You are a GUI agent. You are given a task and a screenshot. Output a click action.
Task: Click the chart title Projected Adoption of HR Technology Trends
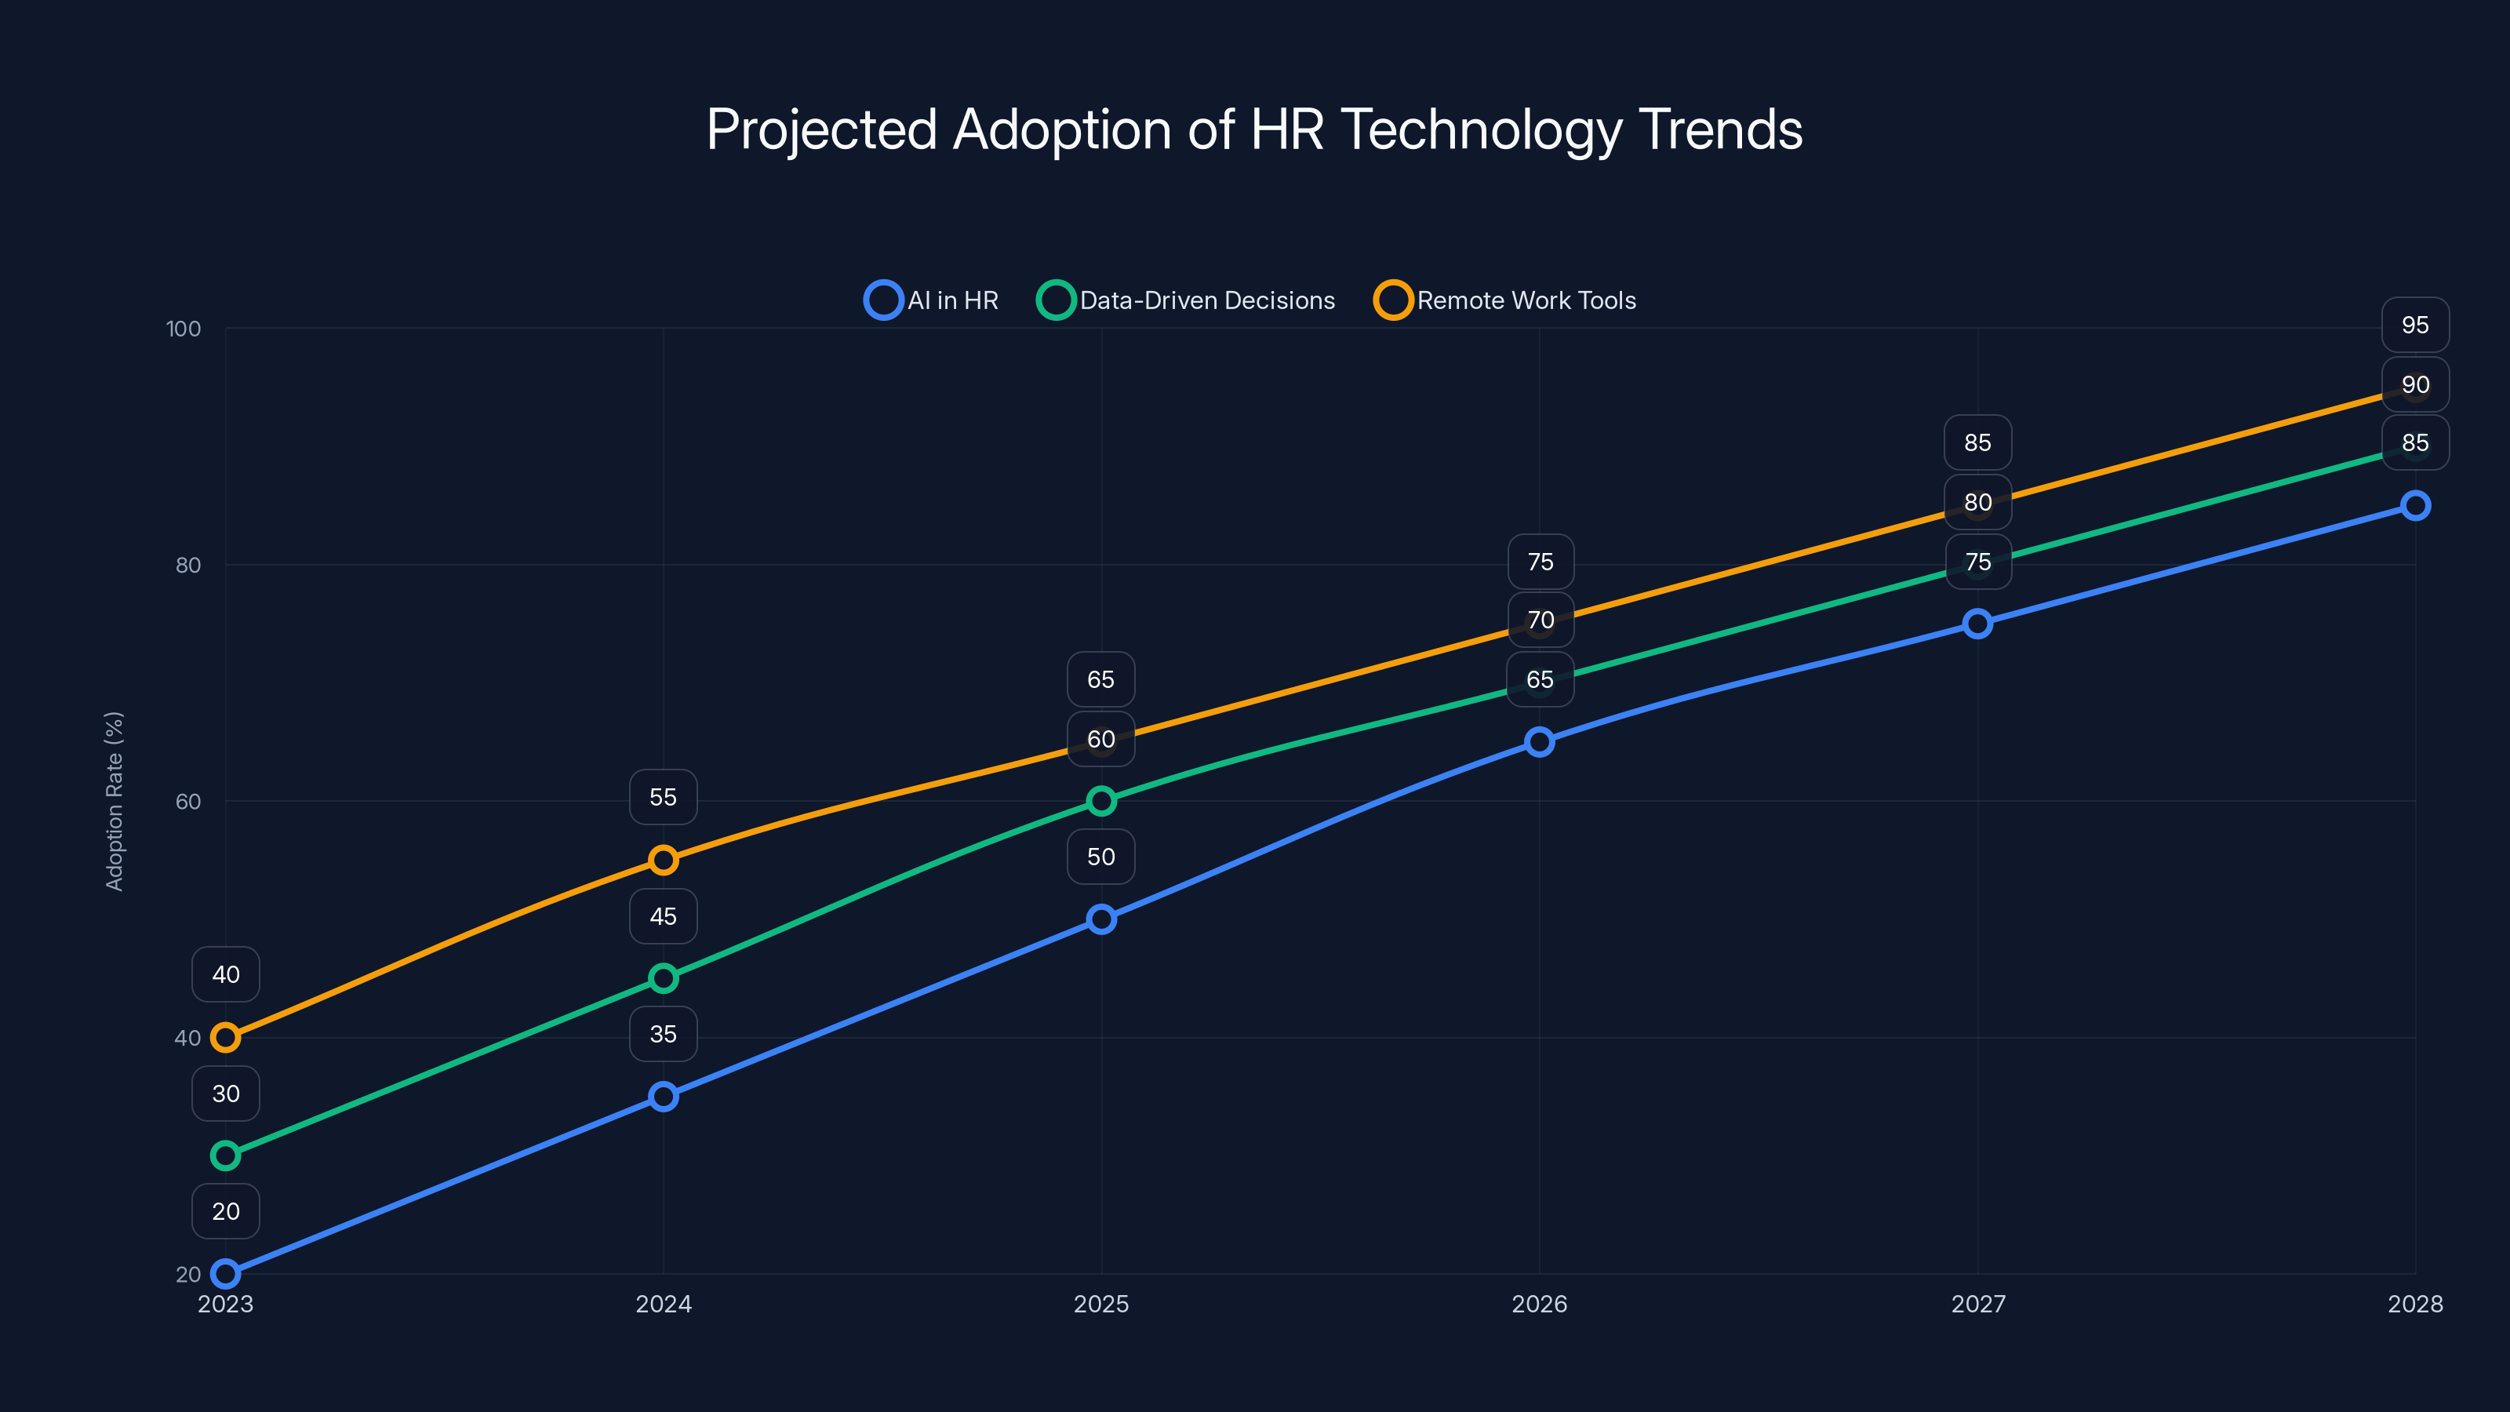pyautogui.click(x=1254, y=129)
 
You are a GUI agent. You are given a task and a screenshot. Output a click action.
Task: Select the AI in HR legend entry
pyautogui.click(x=932, y=300)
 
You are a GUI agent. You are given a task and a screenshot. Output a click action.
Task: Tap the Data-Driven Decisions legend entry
pyautogui.click(x=1186, y=300)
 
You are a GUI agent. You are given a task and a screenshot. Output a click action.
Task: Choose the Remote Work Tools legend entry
pyautogui.click(x=1504, y=300)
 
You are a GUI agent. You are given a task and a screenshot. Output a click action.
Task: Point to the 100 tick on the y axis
pyautogui.click(x=184, y=329)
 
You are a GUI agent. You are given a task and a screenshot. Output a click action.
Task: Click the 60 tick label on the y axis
pyautogui.click(x=187, y=801)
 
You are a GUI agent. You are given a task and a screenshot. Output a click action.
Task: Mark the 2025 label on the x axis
pyautogui.click(x=1101, y=1304)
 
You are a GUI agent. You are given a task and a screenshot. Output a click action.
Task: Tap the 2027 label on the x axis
pyautogui.click(x=1977, y=1304)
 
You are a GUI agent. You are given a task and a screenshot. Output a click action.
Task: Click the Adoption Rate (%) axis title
pyautogui.click(x=114, y=801)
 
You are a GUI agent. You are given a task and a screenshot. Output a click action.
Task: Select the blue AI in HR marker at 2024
pyautogui.click(x=664, y=1097)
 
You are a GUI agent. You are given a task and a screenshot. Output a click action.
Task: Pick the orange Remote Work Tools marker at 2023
pyautogui.click(x=226, y=1037)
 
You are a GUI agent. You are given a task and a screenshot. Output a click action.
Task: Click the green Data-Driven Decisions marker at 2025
pyautogui.click(x=1101, y=801)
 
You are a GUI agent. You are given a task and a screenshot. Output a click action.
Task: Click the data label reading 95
pyautogui.click(x=2414, y=325)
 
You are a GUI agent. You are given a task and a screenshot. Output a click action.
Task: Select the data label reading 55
pyautogui.click(x=664, y=797)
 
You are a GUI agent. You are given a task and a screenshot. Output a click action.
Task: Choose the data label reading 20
pyautogui.click(x=226, y=1211)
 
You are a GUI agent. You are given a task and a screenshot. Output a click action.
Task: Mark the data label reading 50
pyautogui.click(x=1101, y=857)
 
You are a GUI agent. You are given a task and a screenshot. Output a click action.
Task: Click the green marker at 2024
pyautogui.click(x=664, y=977)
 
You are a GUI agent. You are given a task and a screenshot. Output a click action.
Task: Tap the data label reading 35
pyautogui.click(x=664, y=1034)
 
